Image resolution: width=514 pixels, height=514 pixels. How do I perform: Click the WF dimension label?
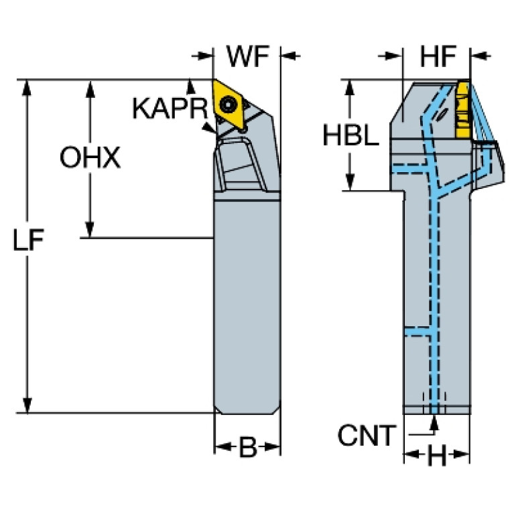[248, 56]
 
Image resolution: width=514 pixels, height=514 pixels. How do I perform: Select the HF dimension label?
[438, 56]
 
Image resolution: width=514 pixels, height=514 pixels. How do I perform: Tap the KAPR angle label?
[170, 109]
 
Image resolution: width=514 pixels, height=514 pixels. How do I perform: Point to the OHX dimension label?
[90, 157]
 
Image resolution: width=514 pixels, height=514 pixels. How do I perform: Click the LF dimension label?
[28, 239]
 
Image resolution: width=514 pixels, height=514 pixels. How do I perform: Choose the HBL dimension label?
[350, 135]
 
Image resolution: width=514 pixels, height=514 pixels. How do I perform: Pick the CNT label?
[367, 436]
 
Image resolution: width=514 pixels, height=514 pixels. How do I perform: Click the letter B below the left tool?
[248, 447]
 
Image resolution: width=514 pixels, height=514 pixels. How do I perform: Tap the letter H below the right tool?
[437, 455]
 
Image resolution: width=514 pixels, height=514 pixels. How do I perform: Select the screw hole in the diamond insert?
[227, 105]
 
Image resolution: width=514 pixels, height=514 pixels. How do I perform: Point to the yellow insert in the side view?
[463, 110]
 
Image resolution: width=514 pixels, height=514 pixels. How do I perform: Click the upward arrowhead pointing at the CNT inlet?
[434, 423]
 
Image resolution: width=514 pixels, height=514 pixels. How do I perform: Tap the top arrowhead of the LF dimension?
[27, 88]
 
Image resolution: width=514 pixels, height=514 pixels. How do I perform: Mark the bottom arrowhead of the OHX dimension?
[90, 229]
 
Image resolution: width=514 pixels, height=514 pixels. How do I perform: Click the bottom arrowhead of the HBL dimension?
[350, 182]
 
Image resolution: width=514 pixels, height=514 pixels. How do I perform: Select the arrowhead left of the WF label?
[204, 56]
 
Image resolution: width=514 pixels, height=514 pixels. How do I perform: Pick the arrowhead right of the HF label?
[479, 56]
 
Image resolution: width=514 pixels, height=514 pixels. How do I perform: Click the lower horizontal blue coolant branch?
[417, 331]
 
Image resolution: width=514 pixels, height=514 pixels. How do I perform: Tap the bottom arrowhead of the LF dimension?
[27, 405]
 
